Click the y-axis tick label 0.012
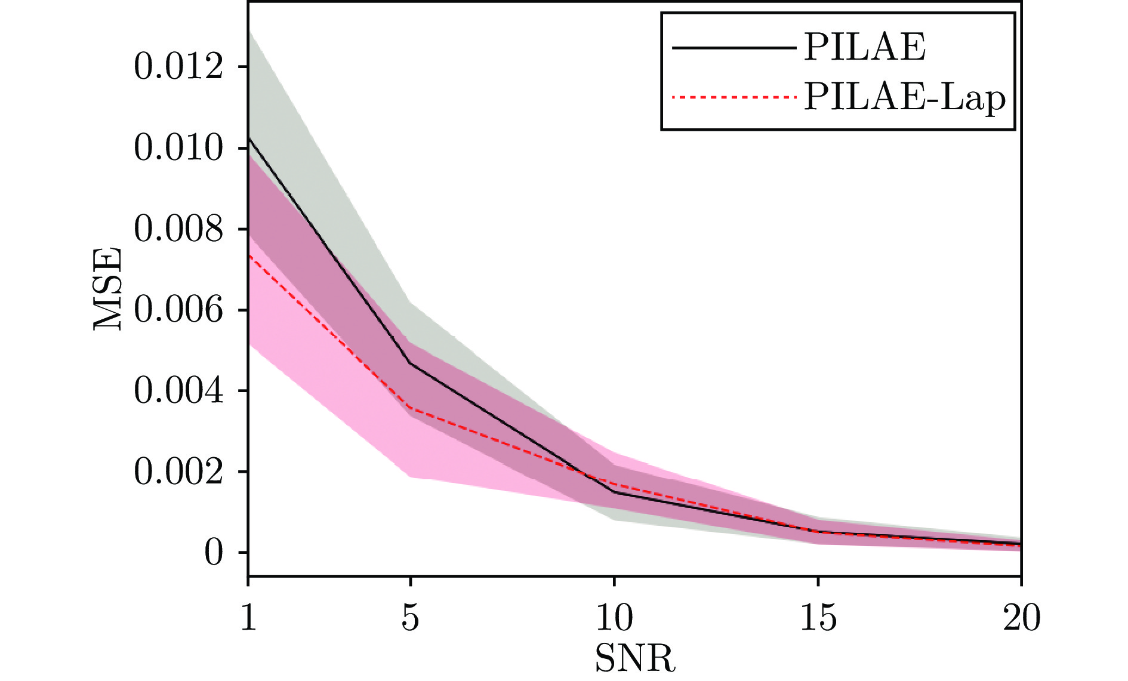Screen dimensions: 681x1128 pyautogui.click(x=178, y=66)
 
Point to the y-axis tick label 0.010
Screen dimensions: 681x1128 pyautogui.click(x=178, y=148)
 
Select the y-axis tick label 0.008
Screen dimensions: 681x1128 pyautogui.click(x=178, y=229)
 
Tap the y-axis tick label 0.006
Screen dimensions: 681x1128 pyautogui.click(x=178, y=310)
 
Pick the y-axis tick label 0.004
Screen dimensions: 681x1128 pyautogui.click(x=178, y=391)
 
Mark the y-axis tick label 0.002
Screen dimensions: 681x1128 pyautogui.click(x=178, y=472)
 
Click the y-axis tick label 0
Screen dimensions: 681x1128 pyautogui.click(x=214, y=553)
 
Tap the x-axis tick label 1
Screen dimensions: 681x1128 pyautogui.click(x=248, y=618)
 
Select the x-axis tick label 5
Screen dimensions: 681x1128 pyautogui.click(x=410, y=618)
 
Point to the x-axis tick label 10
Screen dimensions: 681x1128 pyautogui.click(x=614, y=618)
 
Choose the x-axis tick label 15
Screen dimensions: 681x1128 pyautogui.click(x=818, y=618)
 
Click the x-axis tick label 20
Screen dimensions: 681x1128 pyautogui.click(x=1021, y=618)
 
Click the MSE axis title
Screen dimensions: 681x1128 pyautogui.click(x=108, y=289)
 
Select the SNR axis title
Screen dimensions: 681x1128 pyautogui.click(x=635, y=658)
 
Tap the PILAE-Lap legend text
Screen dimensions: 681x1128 pyautogui.click(x=905, y=97)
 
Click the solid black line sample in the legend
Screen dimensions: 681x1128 pyautogui.click(x=734, y=48)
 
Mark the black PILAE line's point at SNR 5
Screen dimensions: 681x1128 pyautogui.click(x=410, y=363)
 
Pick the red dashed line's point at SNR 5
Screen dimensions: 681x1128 pyautogui.click(x=410, y=409)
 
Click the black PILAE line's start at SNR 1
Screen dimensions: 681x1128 pyautogui.click(x=249, y=138)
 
